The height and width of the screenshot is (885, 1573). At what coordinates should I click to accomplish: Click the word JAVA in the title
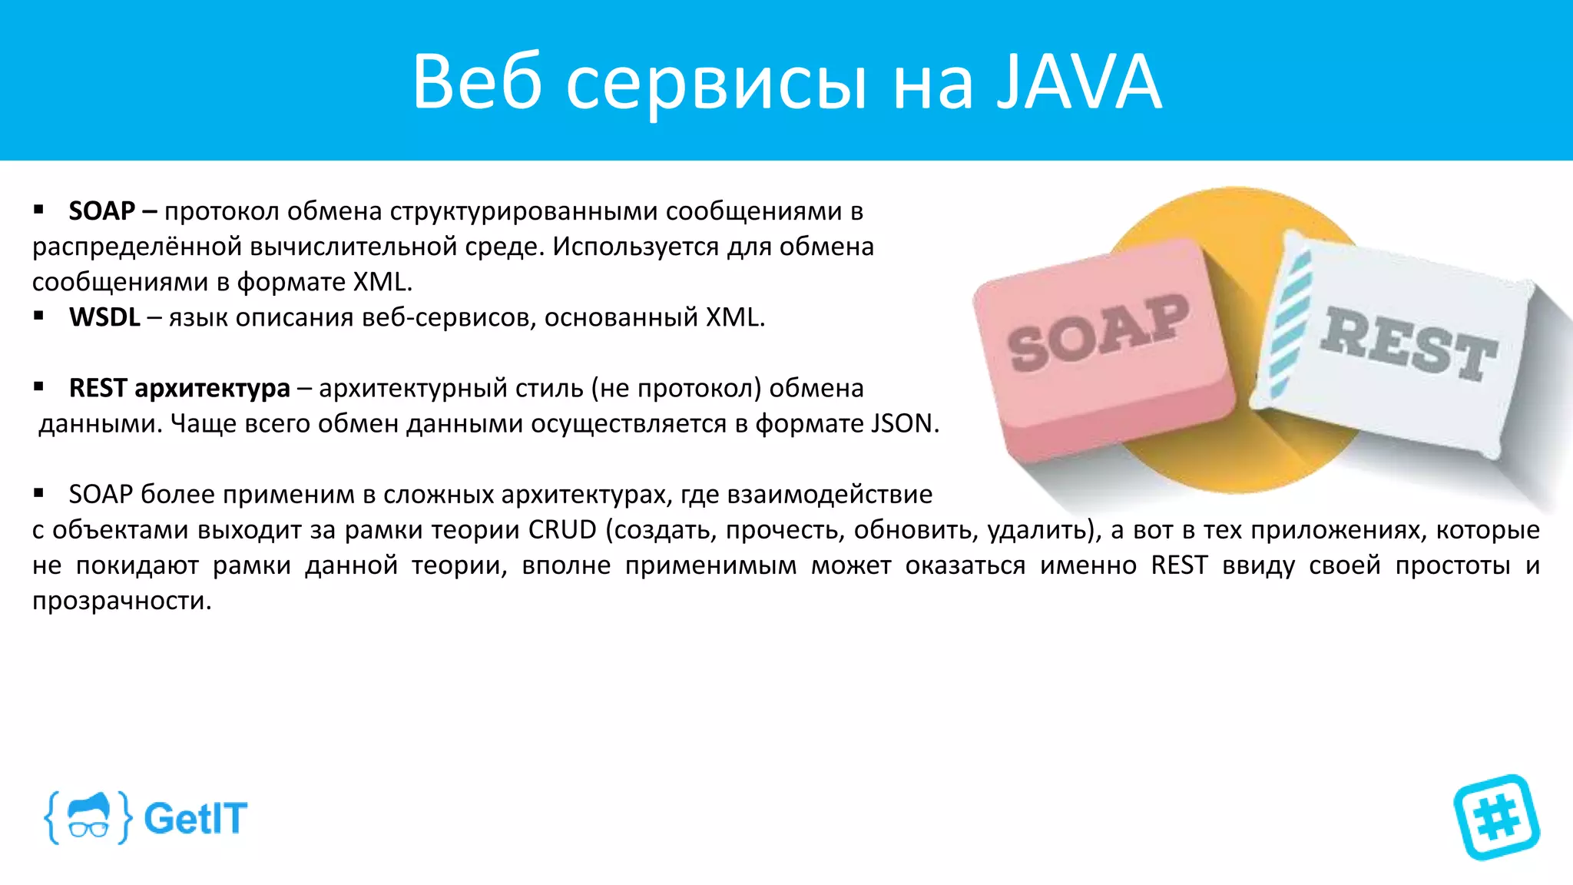click(x=1079, y=82)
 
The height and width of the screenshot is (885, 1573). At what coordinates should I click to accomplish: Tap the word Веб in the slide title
click(x=477, y=82)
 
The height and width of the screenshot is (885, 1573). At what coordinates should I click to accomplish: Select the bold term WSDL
click(x=104, y=317)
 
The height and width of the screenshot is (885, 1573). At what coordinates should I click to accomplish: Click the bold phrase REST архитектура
click(x=180, y=388)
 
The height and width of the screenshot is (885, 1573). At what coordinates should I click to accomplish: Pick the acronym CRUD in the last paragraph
click(x=562, y=530)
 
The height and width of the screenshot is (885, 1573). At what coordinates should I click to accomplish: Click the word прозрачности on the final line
click(x=121, y=601)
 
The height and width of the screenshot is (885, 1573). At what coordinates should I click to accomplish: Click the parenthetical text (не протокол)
click(x=676, y=388)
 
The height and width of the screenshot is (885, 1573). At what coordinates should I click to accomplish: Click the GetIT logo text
click(x=196, y=818)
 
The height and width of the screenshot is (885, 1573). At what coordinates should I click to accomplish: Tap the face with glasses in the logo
click(x=88, y=817)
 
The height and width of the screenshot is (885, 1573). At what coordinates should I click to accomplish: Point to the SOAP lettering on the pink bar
click(x=1098, y=333)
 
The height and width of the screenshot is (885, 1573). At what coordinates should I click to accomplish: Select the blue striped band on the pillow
click(x=1290, y=323)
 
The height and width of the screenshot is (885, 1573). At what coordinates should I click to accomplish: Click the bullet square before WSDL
click(x=38, y=316)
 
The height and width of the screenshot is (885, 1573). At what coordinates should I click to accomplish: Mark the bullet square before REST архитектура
click(x=38, y=386)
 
